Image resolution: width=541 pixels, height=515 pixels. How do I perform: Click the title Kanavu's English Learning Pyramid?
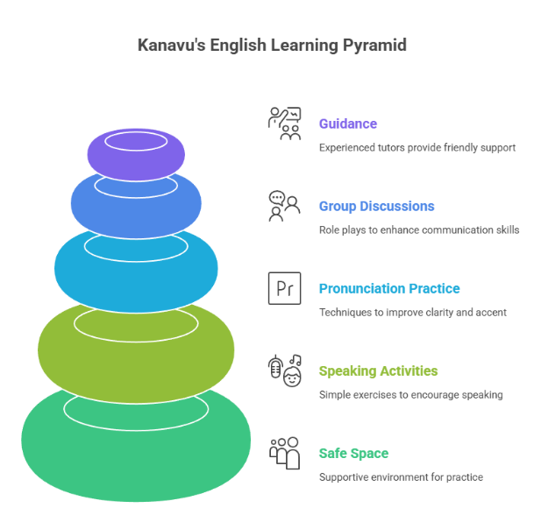pos(272,45)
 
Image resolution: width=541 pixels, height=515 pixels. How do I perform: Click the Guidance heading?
pos(348,123)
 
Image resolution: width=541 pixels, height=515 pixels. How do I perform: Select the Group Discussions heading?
pos(377,206)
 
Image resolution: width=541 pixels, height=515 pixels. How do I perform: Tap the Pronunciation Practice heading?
pos(389,288)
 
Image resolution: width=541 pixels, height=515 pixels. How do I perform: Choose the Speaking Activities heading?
pos(379,370)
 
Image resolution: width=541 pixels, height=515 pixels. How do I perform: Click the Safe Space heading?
pos(353,453)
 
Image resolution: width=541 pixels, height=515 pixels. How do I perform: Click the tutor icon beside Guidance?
pos(284,123)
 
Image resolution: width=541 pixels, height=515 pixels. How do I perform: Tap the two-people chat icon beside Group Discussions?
pos(284,206)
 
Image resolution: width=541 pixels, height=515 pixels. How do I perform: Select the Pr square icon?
pos(284,288)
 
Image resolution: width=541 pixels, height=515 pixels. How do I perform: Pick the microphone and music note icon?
pos(284,369)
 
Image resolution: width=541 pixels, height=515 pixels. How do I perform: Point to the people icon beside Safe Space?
pos(284,453)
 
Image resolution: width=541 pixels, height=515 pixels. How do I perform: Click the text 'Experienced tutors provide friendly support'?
pos(417,148)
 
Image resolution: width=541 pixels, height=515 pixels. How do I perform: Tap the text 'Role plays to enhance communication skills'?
pos(419,230)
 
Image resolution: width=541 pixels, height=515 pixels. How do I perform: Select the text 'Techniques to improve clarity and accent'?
pos(413,313)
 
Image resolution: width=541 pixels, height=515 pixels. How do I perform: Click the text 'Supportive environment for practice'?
pos(401,477)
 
